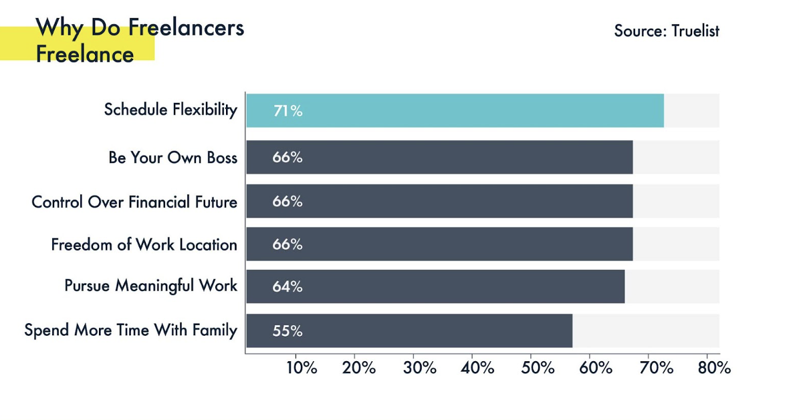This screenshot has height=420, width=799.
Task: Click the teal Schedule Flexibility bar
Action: [x=455, y=111]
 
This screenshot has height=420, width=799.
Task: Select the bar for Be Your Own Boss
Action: [x=439, y=158]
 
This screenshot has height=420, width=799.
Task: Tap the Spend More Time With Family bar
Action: [x=409, y=331]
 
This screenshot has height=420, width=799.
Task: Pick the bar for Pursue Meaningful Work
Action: [x=435, y=286]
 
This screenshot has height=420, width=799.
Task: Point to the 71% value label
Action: [x=288, y=112]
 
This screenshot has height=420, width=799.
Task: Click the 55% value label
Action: [x=288, y=331]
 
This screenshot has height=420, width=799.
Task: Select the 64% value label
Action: [x=288, y=287]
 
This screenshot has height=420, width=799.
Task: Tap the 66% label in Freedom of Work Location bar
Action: [x=288, y=244]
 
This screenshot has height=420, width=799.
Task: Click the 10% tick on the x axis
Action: [x=302, y=368]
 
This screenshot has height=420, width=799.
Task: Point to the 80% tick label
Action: [x=714, y=368]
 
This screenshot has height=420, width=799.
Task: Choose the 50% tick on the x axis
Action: [x=537, y=368]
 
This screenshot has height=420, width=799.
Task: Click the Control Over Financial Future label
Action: [x=134, y=202]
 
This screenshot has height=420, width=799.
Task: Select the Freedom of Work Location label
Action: [x=144, y=245]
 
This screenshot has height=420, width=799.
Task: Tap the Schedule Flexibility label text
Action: [x=170, y=110]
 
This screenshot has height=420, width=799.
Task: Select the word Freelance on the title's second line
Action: [x=85, y=54]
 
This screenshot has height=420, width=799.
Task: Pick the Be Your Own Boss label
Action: [x=173, y=158]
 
